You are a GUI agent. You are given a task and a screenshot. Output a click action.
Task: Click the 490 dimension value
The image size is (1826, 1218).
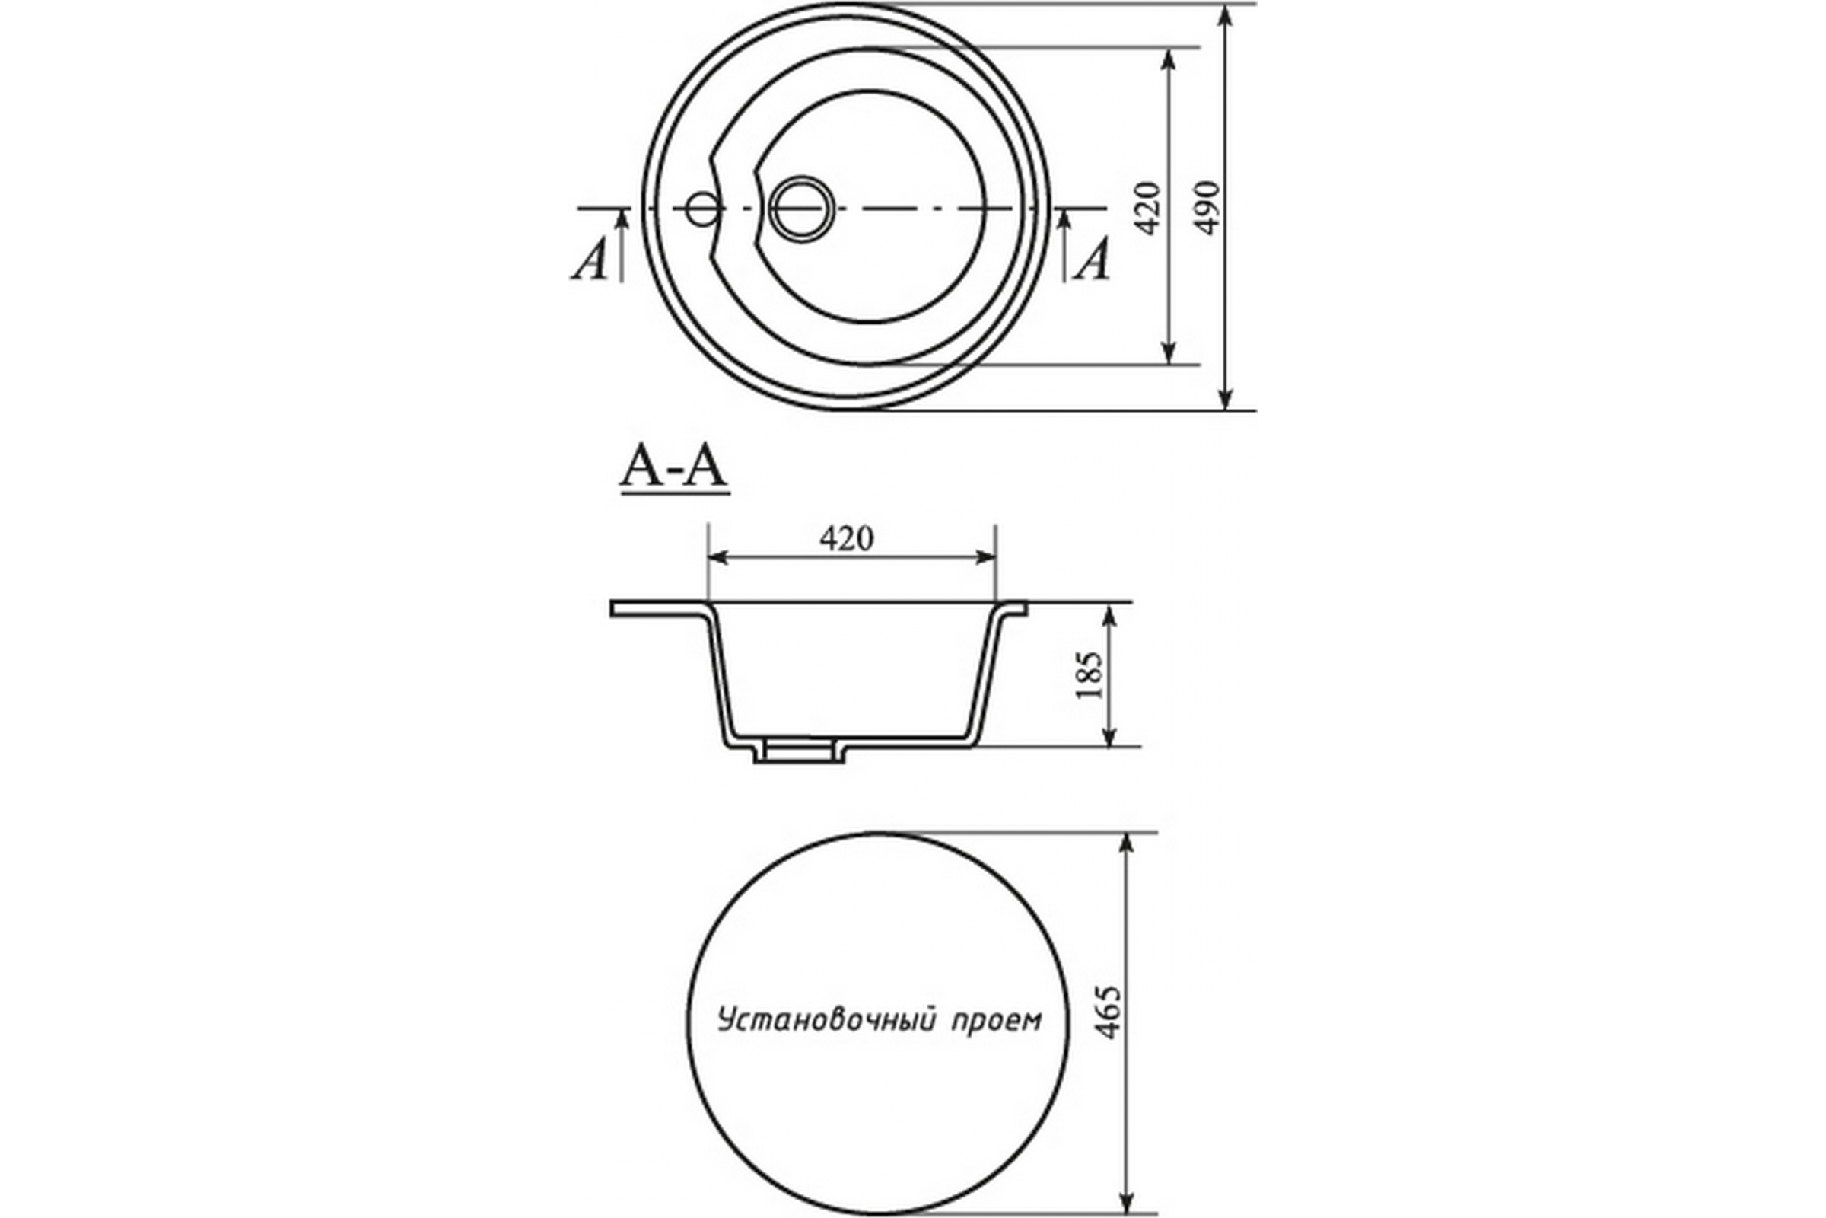click(x=1207, y=208)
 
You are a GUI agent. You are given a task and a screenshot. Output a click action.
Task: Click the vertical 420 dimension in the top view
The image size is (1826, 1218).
click(x=1147, y=208)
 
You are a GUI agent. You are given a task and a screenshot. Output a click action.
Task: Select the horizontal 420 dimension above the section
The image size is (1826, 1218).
click(x=846, y=538)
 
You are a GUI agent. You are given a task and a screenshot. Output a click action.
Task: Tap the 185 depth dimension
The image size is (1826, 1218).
click(x=1090, y=674)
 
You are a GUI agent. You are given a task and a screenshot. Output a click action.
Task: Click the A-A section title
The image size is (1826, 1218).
click(x=674, y=468)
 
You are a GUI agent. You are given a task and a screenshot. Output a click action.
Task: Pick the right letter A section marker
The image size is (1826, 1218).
click(x=1093, y=259)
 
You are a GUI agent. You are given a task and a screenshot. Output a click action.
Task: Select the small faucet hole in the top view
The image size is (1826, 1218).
click(x=703, y=208)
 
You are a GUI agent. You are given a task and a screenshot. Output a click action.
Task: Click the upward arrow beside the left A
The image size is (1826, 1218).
click(x=622, y=245)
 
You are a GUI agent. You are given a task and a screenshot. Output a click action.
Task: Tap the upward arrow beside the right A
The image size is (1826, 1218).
click(x=1064, y=245)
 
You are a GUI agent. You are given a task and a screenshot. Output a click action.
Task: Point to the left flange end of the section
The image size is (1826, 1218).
click(x=612, y=608)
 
